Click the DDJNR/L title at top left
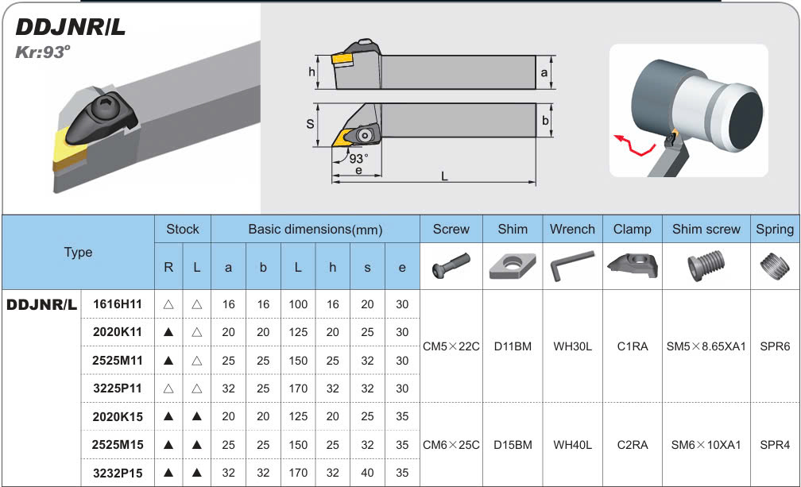[71, 27]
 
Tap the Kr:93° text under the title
[42, 52]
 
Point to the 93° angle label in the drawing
[358, 158]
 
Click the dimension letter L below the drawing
[444, 176]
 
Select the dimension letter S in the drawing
[310, 124]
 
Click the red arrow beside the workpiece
[634, 145]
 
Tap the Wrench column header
[572, 230]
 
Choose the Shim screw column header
[706, 230]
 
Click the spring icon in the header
[775, 265]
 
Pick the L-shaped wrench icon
[572, 265]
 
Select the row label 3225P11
[118, 388]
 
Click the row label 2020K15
[118, 416]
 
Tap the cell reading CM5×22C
[451, 346]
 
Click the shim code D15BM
[513, 445]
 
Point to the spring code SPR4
[775, 445]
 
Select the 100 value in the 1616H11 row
[298, 304]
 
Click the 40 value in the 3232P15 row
[367, 473]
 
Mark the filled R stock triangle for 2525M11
[168, 361]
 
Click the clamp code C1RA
[633, 346]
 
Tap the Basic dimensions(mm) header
[315, 230]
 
